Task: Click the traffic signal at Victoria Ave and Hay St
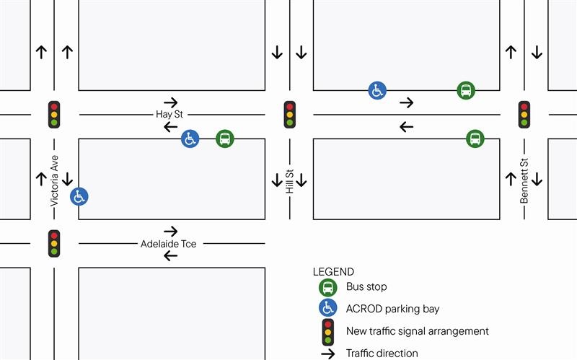coord(54,114)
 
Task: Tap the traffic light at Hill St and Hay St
coord(290,114)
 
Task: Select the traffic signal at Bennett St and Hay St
coord(524,114)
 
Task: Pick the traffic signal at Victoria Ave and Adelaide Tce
coord(54,244)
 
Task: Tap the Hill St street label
coord(290,181)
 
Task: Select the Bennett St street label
coord(524,180)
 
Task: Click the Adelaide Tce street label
coord(168,244)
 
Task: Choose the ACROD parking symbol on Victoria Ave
coord(79,196)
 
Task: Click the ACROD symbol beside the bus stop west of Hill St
coord(190,139)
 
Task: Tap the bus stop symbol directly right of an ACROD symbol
coord(225,139)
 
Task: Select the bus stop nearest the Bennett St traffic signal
coord(475,139)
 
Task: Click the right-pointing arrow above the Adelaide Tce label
coord(170,232)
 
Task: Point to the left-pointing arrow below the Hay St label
coord(170,127)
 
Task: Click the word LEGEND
coord(333,272)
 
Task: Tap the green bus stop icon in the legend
coord(328,287)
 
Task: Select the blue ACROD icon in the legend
coord(328,309)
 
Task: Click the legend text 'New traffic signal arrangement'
coord(418,331)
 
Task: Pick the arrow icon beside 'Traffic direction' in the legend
coord(328,354)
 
